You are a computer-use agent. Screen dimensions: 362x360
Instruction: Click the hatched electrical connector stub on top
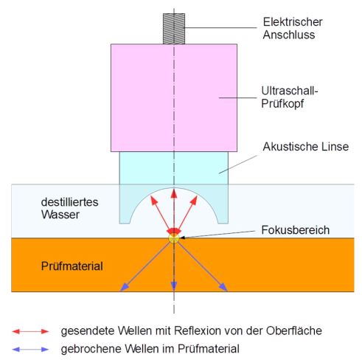tap(174, 29)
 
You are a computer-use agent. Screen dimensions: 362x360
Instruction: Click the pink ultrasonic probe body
tap(174, 97)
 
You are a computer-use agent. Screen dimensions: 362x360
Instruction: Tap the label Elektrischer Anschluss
tap(293, 28)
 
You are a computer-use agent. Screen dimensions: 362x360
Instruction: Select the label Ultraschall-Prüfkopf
tap(290, 97)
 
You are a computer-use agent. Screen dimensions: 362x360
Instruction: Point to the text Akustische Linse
tap(306, 147)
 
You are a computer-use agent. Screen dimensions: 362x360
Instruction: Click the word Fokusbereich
tap(296, 230)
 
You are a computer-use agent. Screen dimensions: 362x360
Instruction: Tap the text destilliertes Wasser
tap(69, 208)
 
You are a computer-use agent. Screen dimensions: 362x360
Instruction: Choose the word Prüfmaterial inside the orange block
tap(72, 266)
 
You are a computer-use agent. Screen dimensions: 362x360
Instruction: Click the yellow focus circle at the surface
tap(174, 238)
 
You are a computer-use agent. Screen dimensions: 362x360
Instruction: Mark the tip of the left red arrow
tap(152, 198)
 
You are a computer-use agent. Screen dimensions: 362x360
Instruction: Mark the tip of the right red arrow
tap(196, 196)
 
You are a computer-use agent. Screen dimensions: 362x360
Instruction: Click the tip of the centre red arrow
tap(174, 190)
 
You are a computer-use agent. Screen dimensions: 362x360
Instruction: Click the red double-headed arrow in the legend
tap(30, 331)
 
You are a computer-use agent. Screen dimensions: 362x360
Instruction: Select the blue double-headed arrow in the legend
tap(30, 349)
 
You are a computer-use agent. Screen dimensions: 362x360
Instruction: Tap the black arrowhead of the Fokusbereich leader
tap(182, 238)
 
